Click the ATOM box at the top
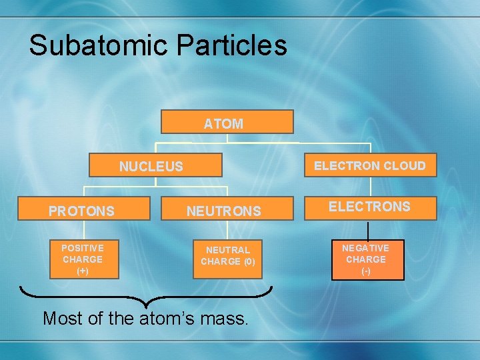click(227, 123)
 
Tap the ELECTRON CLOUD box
click(370, 165)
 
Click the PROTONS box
click(81, 211)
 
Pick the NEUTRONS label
click(223, 211)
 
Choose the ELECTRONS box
click(370, 207)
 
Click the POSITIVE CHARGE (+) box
click(83, 259)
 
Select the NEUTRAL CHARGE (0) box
click(227, 256)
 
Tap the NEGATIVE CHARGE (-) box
click(365, 259)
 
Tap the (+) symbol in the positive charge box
click(83, 271)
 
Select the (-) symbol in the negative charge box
click(365, 271)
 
